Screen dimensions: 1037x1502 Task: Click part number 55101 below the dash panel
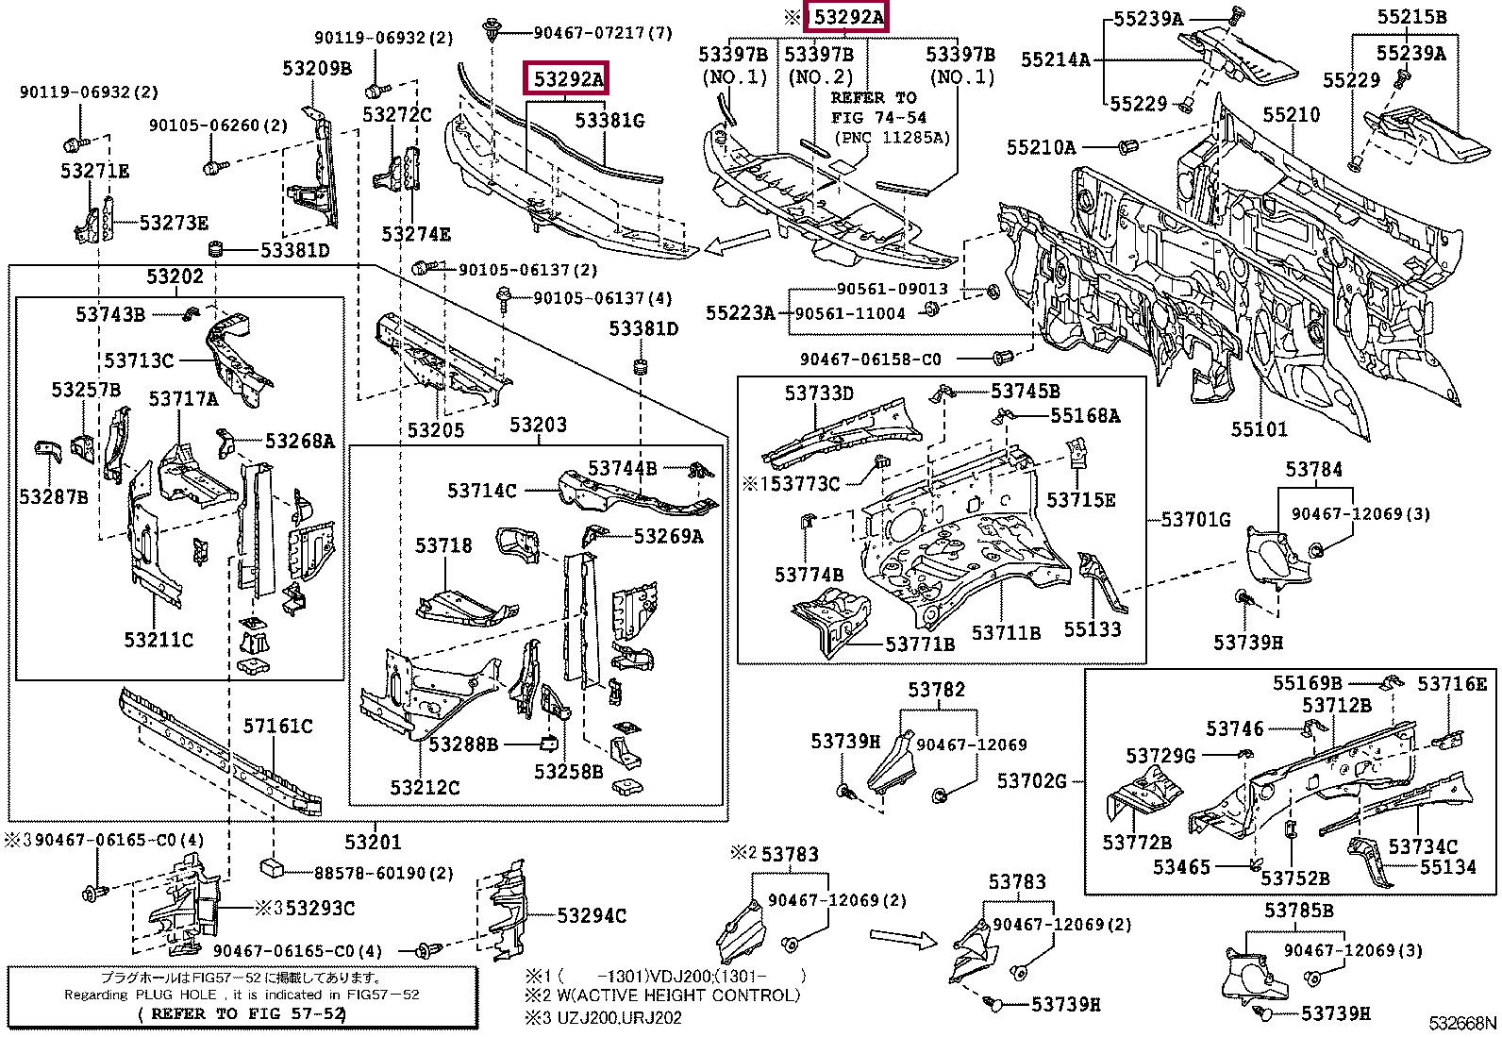(1259, 430)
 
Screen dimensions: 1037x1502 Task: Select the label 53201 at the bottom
(372, 842)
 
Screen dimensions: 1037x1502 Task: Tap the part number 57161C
(277, 726)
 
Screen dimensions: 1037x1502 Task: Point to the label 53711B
(1006, 632)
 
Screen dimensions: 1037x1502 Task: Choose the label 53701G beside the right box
(1194, 519)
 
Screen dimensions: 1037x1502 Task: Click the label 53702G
(1032, 780)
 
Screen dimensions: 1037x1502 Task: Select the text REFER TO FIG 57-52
(242, 1013)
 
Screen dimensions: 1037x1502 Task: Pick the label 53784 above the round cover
(1313, 469)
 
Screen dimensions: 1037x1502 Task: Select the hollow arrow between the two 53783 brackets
(901, 937)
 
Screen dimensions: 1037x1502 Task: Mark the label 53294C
(591, 915)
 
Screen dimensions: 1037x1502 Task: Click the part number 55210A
(1041, 147)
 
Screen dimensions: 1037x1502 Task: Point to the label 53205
(436, 430)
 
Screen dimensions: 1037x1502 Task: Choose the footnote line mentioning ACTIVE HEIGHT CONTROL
(661, 995)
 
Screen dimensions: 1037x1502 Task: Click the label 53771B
(919, 644)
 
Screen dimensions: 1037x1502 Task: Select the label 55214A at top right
(1055, 60)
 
